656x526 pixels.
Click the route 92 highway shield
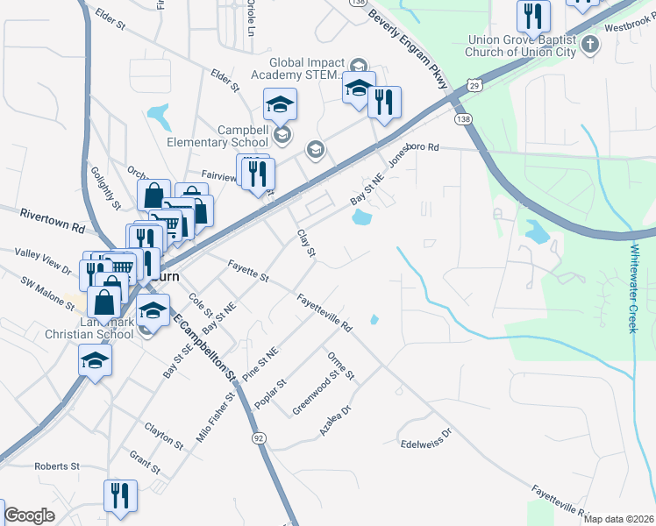pos(259,437)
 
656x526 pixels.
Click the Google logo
pos(29,515)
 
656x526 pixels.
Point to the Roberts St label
pos(57,466)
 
